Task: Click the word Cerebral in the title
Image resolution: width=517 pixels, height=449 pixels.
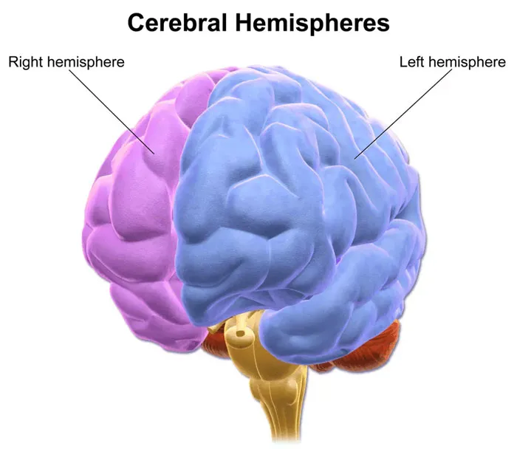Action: pyautogui.click(x=177, y=23)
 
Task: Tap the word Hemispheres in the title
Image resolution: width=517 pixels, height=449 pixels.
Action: pyautogui.click(x=312, y=24)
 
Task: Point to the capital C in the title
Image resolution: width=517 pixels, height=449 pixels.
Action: pyautogui.click(x=135, y=23)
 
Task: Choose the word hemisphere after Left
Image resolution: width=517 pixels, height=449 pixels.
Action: pyautogui.click(x=468, y=62)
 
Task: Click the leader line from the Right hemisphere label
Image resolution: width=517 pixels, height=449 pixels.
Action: pyautogui.click(x=112, y=112)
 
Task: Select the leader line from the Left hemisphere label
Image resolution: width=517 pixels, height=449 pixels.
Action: pyautogui.click(x=403, y=114)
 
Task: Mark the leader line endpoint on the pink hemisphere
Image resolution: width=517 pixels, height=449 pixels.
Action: pyautogui.click(x=154, y=154)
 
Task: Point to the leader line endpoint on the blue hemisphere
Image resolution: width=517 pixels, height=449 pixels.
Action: pyautogui.click(x=355, y=159)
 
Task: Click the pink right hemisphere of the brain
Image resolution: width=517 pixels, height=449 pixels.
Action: pyautogui.click(x=139, y=211)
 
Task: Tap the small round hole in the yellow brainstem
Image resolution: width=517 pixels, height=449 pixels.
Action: pyautogui.click(x=240, y=334)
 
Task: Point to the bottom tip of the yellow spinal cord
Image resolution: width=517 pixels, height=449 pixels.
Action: pyautogui.click(x=287, y=441)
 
